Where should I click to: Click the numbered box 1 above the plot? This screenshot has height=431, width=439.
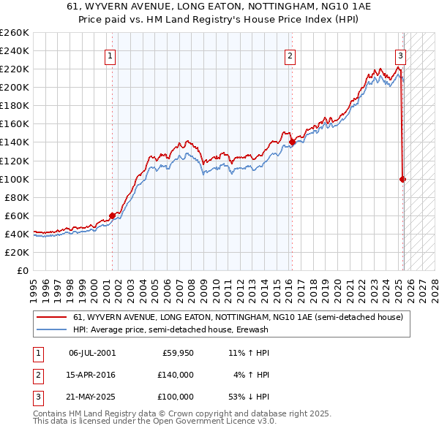click(110, 56)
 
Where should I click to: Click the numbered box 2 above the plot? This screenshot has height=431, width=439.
click(290, 56)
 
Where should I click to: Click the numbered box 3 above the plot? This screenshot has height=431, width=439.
click(401, 56)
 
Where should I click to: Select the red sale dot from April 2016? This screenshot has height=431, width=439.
click(292, 142)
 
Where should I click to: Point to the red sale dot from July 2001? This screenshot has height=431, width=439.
click(112, 215)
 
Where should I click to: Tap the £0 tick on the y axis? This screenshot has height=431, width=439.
click(22, 270)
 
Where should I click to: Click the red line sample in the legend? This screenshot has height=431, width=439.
click(51, 318)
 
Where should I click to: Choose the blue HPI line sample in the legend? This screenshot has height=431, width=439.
click(51, 329)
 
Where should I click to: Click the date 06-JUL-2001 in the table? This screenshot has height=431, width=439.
click(92, 353)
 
